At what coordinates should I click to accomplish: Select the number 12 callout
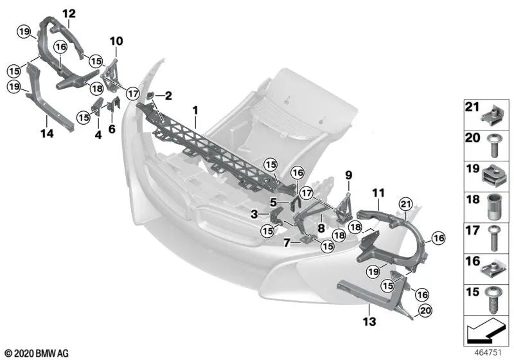point(68,14)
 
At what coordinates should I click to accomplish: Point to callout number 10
point(116,42)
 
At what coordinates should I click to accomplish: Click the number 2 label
point(168,96)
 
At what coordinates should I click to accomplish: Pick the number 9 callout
point(349,174)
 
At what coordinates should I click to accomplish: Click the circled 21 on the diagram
point(405,204)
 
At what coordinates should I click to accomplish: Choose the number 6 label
point(111,129)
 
